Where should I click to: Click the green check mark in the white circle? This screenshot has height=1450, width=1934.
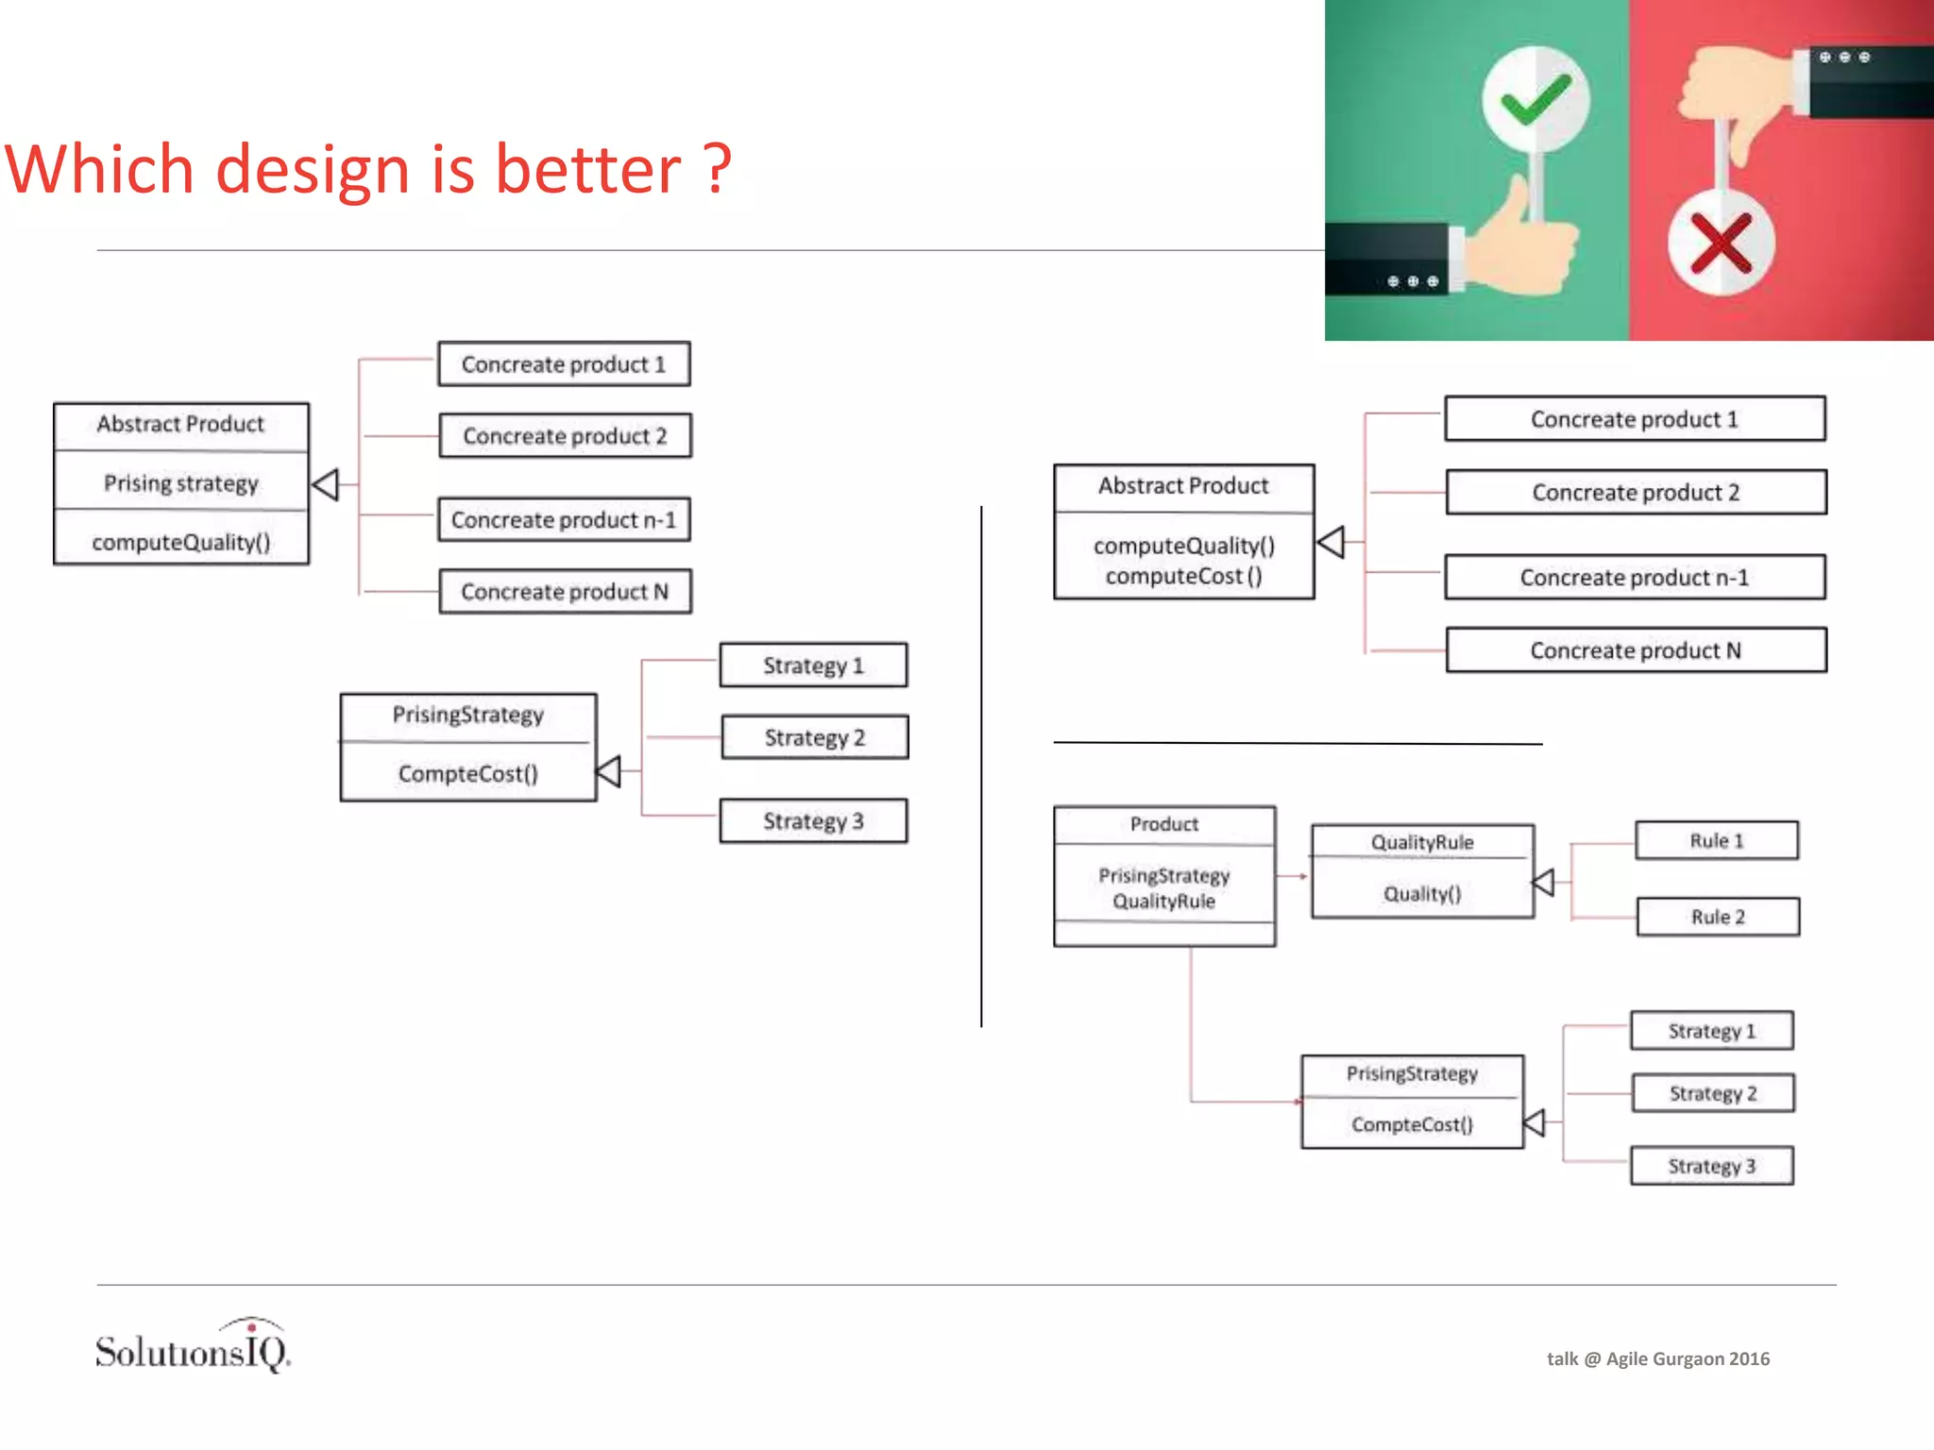click(1535, 99)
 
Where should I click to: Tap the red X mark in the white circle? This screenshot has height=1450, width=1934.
click(1721, 243)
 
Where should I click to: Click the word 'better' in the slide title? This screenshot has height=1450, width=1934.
click(587, 170)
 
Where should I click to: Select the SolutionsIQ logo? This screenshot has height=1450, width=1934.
click(194, 1347)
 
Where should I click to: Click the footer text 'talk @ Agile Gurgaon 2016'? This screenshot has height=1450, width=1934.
click(1657, 1358)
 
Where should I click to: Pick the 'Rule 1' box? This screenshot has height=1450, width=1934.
click(1716, 840)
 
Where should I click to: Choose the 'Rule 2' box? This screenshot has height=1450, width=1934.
click(1718, 917)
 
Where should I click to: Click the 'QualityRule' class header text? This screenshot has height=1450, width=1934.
click(1421, 842)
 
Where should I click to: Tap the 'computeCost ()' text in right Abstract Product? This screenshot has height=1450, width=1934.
click(1183, 576)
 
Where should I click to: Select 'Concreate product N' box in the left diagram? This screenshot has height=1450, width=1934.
click(565, 592)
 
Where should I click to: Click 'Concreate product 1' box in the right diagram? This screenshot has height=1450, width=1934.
click(1634, 419)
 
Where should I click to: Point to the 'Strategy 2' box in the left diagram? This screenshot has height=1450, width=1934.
click(814, 737)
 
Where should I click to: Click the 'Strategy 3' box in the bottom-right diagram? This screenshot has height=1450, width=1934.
click(1711, 1166)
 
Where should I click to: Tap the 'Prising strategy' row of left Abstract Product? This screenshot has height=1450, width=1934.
click(181, 483)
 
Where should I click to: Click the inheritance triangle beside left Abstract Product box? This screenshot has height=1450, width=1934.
click(326, 484)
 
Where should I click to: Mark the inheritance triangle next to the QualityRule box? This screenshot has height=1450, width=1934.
click(1543, 883)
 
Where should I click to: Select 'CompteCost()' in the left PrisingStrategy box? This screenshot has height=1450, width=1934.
click(467, 774)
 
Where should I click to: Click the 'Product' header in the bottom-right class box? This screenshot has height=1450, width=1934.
click(1163, 824)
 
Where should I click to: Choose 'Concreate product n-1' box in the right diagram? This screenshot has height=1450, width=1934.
click(1634, 578)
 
